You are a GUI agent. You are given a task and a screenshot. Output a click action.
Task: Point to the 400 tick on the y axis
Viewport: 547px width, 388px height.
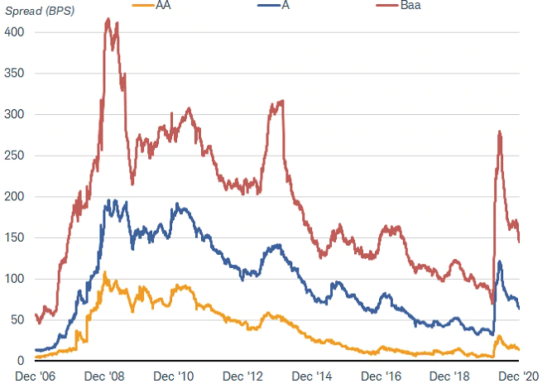coord(15,32)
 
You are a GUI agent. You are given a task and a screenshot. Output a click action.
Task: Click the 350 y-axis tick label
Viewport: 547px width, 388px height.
coord(15,74)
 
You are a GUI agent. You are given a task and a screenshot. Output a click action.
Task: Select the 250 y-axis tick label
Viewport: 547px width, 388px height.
coord(15,156)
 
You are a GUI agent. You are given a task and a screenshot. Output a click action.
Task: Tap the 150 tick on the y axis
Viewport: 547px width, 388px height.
coord(15,237)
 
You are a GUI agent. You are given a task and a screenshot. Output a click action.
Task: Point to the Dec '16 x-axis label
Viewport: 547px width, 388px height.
coord(422,377)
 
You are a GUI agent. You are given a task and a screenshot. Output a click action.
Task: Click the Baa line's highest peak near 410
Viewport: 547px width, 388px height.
coord(108,19)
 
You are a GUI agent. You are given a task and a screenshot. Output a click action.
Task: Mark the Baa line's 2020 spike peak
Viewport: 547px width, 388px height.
coord(500,132)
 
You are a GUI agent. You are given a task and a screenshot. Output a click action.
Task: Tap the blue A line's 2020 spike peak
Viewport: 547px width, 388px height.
coord(500,261)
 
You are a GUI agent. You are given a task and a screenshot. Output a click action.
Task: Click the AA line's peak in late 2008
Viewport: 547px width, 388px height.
coord(104,272)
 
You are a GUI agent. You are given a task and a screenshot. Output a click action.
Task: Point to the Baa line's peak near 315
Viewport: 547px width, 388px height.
coord(282,101)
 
